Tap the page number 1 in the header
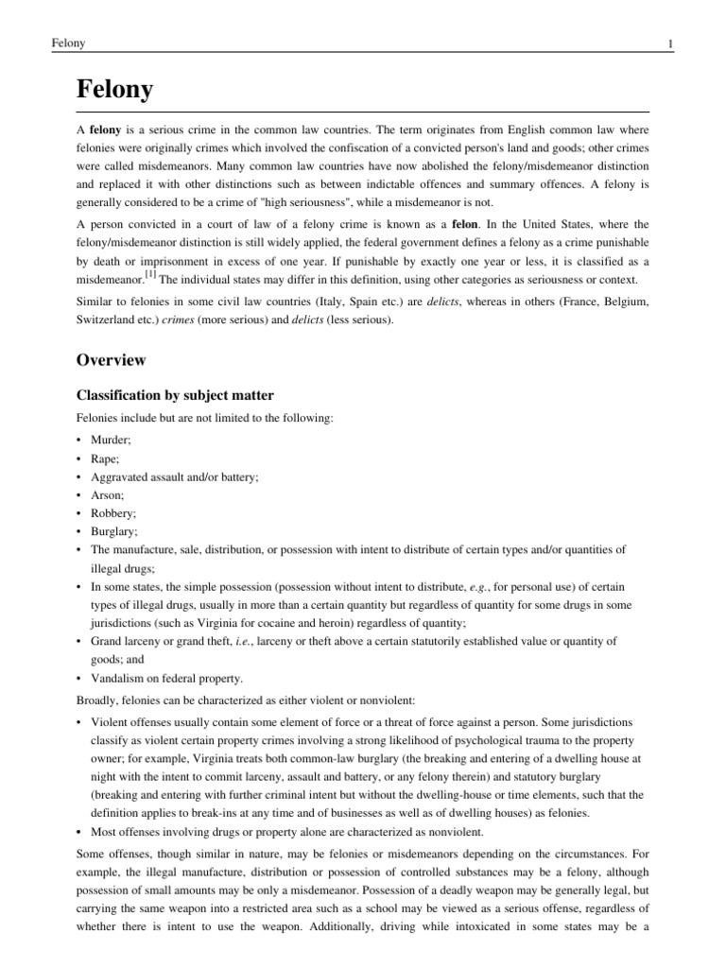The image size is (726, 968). tap(669, 44)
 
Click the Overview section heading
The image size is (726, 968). tap(112, 360)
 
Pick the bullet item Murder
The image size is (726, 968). tap(109, 441)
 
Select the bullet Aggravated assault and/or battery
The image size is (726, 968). tap(174, 476)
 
